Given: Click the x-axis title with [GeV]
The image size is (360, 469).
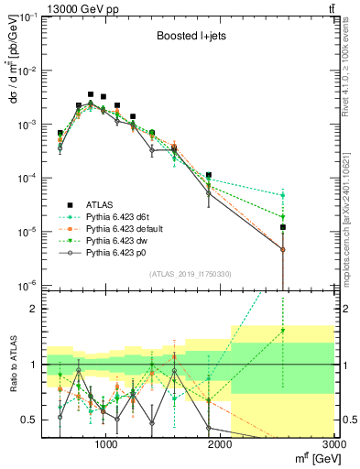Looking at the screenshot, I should coord(312,456).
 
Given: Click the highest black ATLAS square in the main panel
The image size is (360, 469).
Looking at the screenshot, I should coord(91,93).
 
